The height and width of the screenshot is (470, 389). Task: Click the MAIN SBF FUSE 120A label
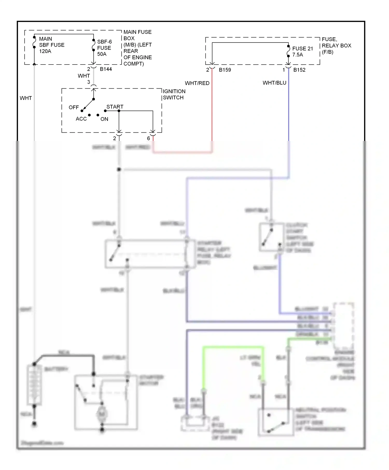51,45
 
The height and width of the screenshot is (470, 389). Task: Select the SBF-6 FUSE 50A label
104,48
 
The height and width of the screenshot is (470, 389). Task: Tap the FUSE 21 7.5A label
302,52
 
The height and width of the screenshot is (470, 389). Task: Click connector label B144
106,69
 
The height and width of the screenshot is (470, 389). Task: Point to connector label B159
225,70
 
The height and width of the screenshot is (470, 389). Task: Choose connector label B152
299,70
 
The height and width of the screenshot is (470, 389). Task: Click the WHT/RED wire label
197,83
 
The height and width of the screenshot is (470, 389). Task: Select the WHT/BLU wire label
274,83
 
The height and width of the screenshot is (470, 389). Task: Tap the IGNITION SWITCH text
174,95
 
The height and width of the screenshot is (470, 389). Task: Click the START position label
115,107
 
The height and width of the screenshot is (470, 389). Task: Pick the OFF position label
74,107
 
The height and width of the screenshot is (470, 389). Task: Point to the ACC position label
81,119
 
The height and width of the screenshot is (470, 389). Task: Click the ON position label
104,119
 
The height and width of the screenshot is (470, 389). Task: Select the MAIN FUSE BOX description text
137,48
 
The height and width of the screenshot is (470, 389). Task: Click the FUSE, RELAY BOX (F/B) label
336,46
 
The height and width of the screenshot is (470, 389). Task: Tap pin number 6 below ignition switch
148,138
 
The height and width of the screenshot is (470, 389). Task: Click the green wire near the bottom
233,347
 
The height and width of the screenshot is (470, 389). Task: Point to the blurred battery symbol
34,385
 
